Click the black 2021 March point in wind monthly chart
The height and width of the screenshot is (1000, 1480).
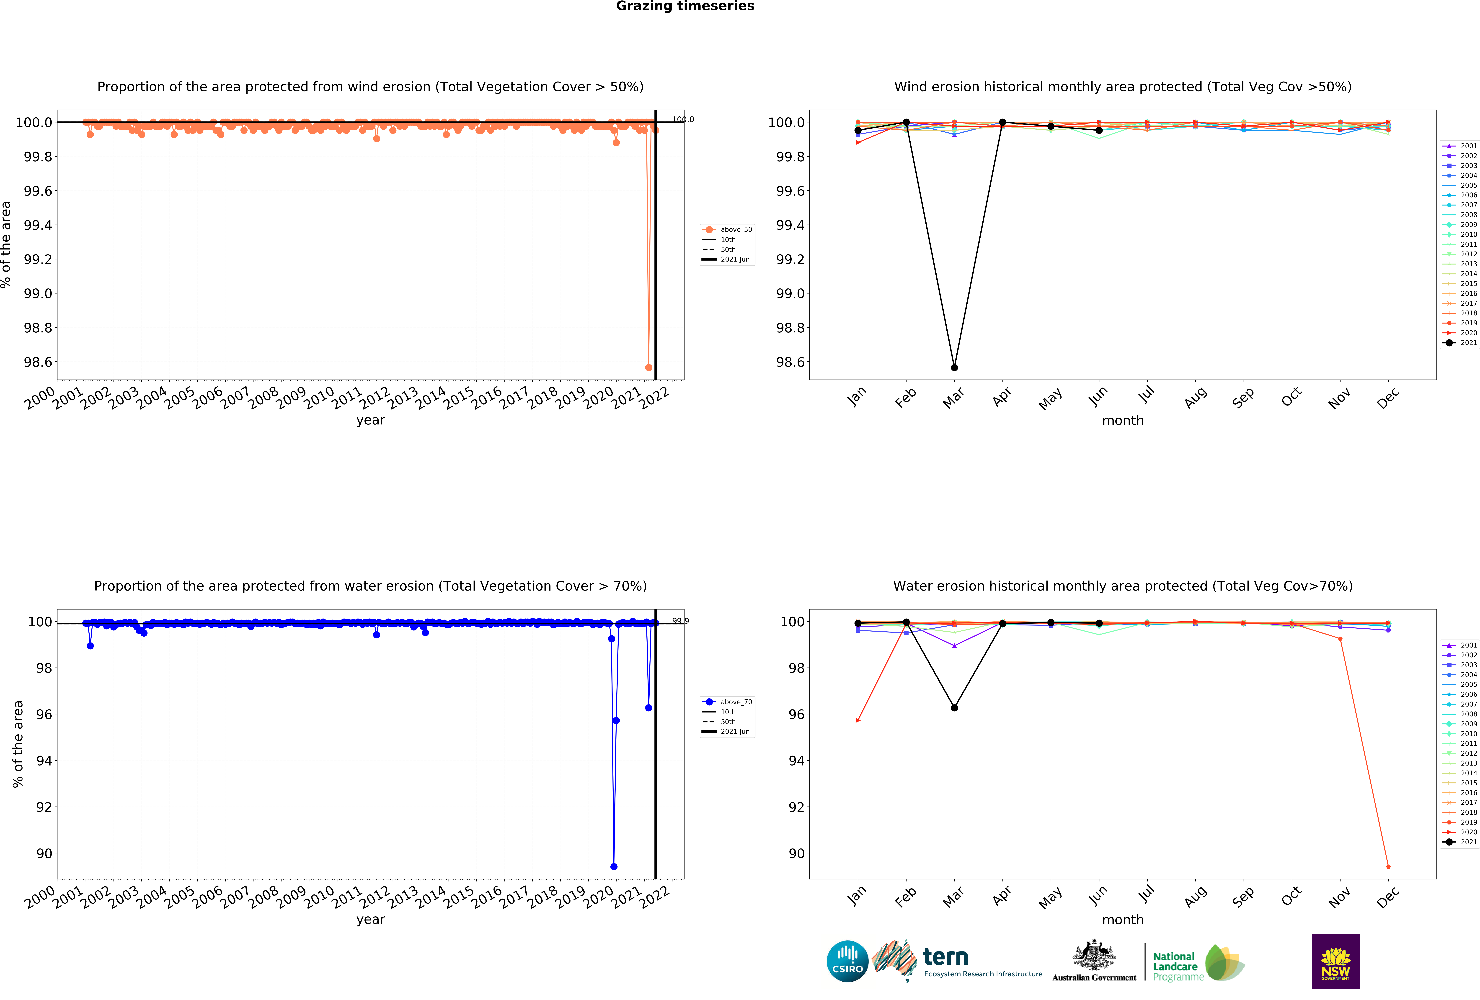(954, 367)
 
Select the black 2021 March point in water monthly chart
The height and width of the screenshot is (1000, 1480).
(954, 708)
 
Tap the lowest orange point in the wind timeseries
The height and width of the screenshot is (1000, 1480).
(648, 367)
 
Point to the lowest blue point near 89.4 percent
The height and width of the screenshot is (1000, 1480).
(613, 866)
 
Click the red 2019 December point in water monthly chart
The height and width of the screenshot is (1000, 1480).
(1388, 866)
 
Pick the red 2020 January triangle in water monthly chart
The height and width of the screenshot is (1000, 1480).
(858, 721)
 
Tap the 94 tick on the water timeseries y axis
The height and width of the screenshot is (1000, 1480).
(44, 761)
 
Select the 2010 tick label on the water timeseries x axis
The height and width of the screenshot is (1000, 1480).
(318, 897)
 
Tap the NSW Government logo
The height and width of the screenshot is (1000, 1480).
(1335, 961)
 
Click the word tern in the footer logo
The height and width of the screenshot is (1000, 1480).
(946, 957)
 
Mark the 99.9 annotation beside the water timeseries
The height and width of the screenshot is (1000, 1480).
(680, 621)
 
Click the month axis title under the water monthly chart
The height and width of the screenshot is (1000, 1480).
(1123, 920)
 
